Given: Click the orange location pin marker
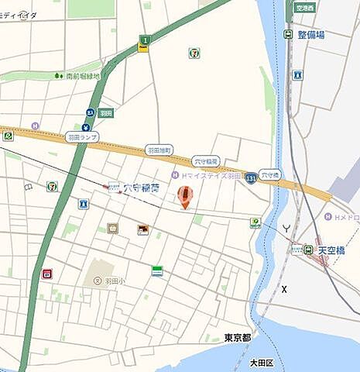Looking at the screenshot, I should pos(184,196).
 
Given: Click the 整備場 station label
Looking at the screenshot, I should pos(310,35).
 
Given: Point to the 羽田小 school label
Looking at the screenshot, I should pos(115,281).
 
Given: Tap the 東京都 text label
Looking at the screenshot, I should pos(238,337).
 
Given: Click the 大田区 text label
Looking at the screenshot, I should pos(263,362).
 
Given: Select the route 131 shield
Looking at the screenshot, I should pos(251,178).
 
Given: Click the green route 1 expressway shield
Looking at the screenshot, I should pos(143,43).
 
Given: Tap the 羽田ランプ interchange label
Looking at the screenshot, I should pos(81,137).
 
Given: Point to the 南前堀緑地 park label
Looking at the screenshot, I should pos(82,76).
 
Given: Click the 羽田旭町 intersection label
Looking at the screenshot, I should pos(160,150).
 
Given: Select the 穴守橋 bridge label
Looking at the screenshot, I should pos(269,174).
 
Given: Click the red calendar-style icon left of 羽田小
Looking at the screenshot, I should pos(46,274).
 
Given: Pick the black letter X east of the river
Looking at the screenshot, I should pos(285,289).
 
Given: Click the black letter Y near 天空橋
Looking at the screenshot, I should pos(286,228).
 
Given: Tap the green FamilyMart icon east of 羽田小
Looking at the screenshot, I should pos(157,270).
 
